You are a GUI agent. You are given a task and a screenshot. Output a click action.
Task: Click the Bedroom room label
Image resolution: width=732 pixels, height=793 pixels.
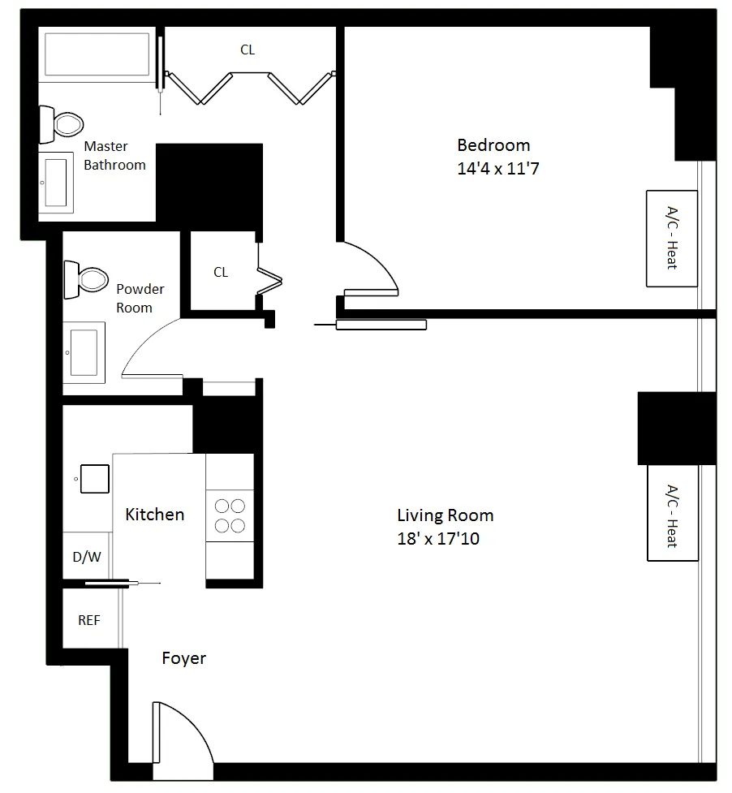coord(493,145)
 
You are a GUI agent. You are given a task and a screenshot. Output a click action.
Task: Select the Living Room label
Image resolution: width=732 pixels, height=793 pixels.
coord(445,515)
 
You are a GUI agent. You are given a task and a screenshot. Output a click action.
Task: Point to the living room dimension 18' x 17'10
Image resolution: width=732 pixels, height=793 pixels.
coord(438,538)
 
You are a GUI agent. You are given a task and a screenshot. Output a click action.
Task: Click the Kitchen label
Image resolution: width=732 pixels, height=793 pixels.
coord(154,515)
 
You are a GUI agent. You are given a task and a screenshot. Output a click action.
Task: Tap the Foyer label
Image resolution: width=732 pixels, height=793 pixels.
coord(183,658)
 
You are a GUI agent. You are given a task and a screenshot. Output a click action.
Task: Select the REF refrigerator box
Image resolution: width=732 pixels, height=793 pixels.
coord(89,620)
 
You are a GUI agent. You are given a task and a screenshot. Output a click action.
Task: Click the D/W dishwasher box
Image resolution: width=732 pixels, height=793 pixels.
coord(86,557)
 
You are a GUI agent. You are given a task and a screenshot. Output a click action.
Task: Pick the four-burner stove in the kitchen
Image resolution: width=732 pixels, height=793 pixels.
coord(230,515)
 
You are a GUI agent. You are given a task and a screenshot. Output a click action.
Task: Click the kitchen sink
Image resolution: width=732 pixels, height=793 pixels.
coord(94,478)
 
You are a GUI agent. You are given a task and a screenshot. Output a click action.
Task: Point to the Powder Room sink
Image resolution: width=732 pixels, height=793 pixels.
coord(84,351)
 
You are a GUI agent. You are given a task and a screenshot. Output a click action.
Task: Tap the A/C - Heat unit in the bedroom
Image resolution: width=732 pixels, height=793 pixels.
coord(671,239)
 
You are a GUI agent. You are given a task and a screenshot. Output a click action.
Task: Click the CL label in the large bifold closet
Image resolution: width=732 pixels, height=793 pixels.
coord(248,50)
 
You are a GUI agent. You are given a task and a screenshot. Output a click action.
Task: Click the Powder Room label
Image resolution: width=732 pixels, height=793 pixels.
coord(140,298)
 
